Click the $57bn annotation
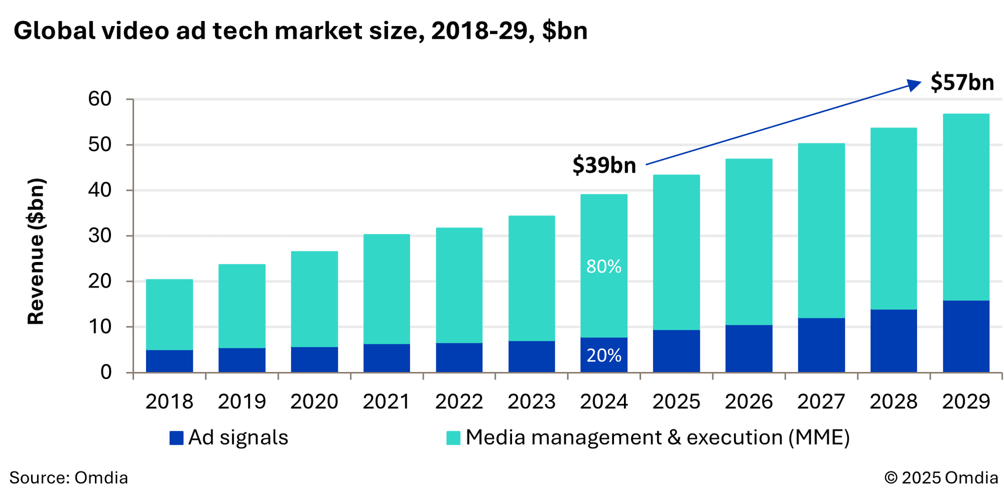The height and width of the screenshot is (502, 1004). [x=962, y=82]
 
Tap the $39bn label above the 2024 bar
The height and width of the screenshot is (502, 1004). [x=604, y=165]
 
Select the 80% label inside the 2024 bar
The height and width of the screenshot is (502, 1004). [x=604, y=267]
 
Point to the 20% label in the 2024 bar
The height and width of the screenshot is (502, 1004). [x=604, y=355]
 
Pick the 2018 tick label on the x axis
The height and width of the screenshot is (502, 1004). [x=169, y=402]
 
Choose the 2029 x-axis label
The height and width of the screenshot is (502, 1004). [x=966, y=402]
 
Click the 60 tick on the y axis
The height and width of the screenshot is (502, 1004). [x=100, y=99]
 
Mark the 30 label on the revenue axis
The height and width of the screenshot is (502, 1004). [x=100, y=235]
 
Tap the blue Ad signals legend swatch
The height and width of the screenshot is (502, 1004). [x=176, y=438]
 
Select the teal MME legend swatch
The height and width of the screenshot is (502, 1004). [x=453, y=438]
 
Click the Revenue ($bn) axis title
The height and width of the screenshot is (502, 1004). [x=36, y=251]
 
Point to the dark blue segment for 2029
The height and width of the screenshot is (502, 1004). [x=966, y=336]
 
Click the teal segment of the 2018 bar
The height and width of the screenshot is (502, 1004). [x=169, y=315]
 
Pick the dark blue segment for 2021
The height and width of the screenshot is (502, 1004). [x=387, y=358]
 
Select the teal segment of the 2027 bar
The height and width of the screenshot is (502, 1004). [x=821, y=231]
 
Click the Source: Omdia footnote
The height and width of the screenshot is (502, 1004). [x=69, y=477]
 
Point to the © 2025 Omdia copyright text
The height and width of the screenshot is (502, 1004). [x=941, y=477]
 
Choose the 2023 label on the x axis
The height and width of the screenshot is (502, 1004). [x=531, y=402]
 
